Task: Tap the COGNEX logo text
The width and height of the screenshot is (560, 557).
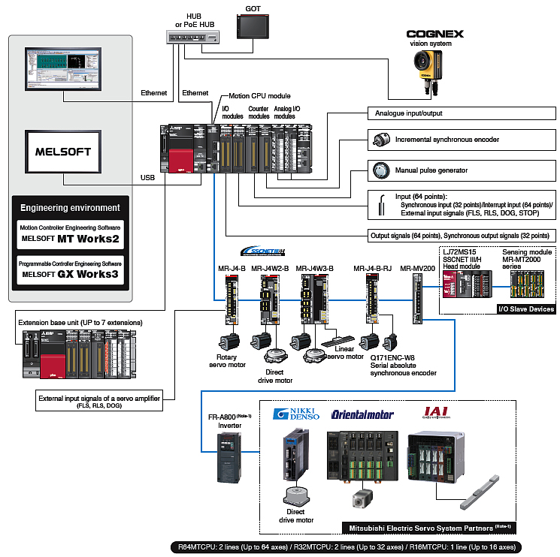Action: click(x=434, y=34)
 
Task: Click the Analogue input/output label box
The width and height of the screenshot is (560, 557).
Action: click(x=462, y=113)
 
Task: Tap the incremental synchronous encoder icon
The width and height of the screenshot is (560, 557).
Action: click(x=379, y=140)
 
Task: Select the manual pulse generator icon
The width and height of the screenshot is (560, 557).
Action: click(x=379, y=170)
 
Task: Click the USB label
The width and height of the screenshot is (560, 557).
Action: click(x=148, y=178)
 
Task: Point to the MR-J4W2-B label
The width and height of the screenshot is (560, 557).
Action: click(x=269, y=267)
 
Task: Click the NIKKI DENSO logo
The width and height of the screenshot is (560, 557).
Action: click(x=296, y=414)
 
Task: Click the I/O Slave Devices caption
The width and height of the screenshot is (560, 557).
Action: click(x=525, y=309)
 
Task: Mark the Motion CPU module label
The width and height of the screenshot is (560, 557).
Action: click(x=260, y=96)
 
